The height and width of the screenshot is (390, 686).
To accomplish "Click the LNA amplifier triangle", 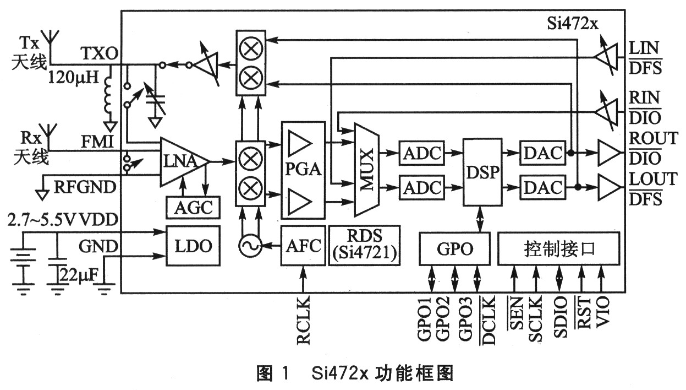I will [182, 161].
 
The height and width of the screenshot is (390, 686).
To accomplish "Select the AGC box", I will [193, 208].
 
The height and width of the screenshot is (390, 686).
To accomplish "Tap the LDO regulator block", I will [193, 246].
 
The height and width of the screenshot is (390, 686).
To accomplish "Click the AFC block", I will [303, 246].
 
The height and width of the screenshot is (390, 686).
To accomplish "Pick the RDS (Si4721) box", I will [364, 246].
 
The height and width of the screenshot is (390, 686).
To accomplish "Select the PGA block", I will [303, 170].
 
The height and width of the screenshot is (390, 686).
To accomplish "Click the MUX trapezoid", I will [367, 170].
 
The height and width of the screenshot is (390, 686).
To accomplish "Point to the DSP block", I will [482, 171].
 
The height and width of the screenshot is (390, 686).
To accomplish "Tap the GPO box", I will [455, 249].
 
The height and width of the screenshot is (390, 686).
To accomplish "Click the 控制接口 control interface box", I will [558, 249].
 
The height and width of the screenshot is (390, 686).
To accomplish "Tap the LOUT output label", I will [654, 178].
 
